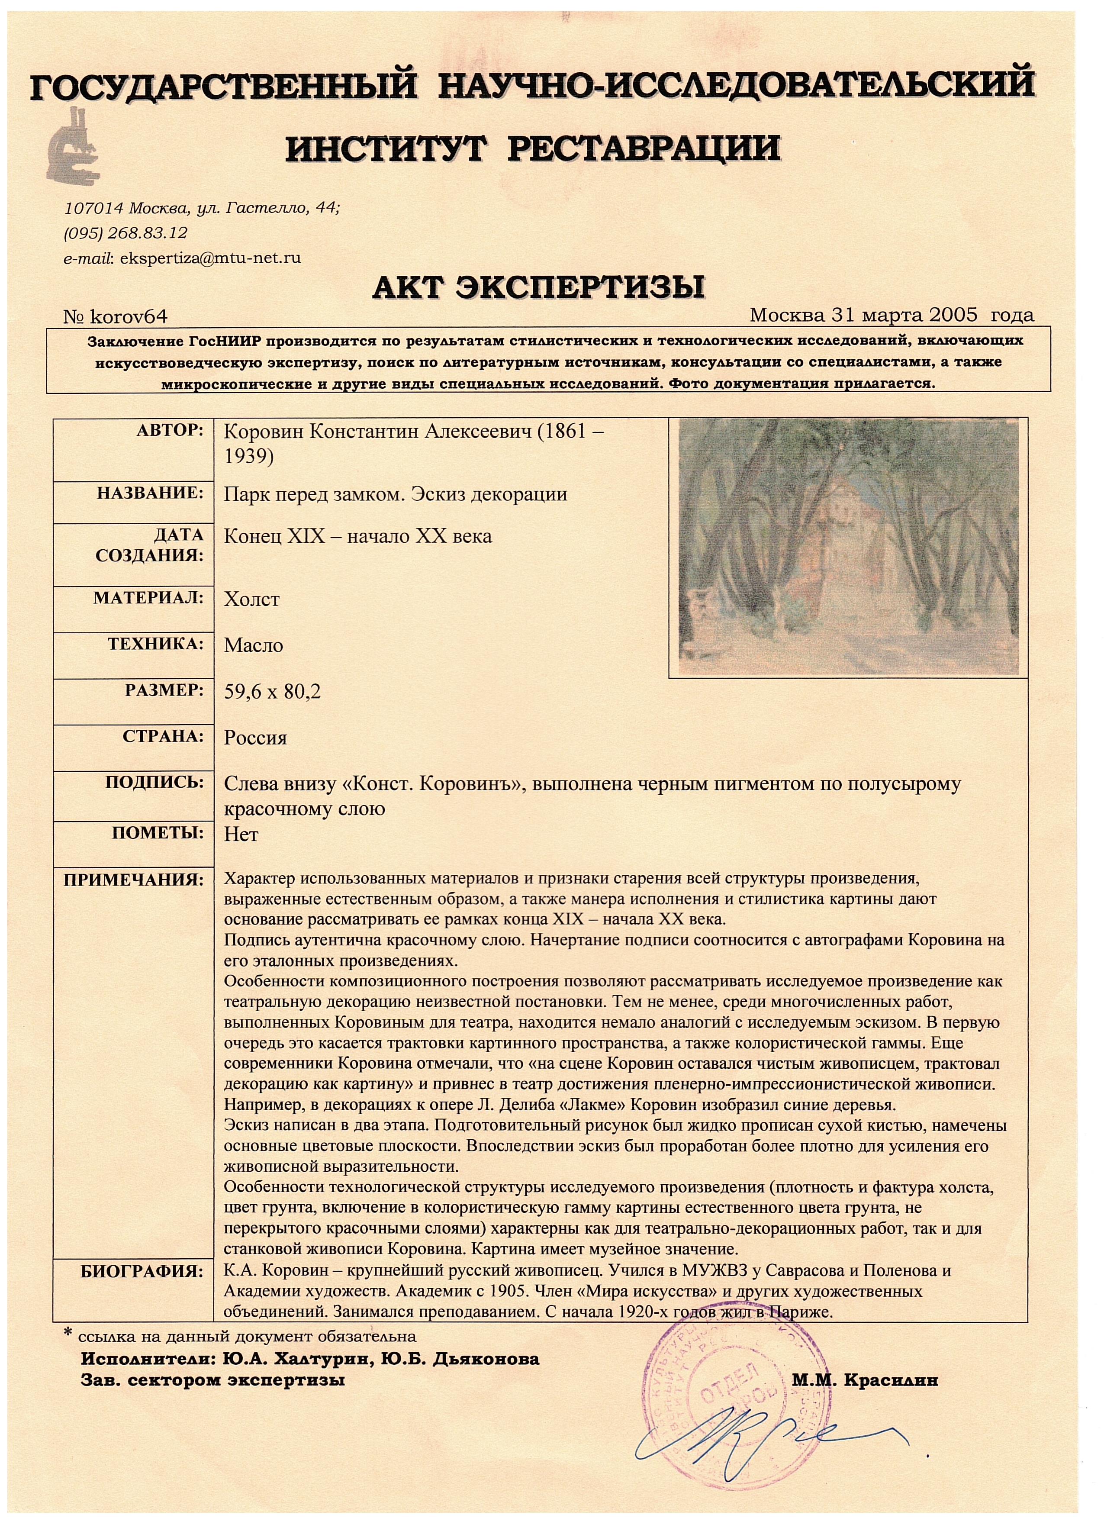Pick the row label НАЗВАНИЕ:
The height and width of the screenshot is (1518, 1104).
coord(150,493)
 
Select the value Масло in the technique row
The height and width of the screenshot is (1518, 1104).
coord(254,645)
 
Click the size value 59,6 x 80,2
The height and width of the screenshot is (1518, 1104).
coord(272,691)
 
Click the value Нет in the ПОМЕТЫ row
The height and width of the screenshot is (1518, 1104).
coord(241,835)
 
